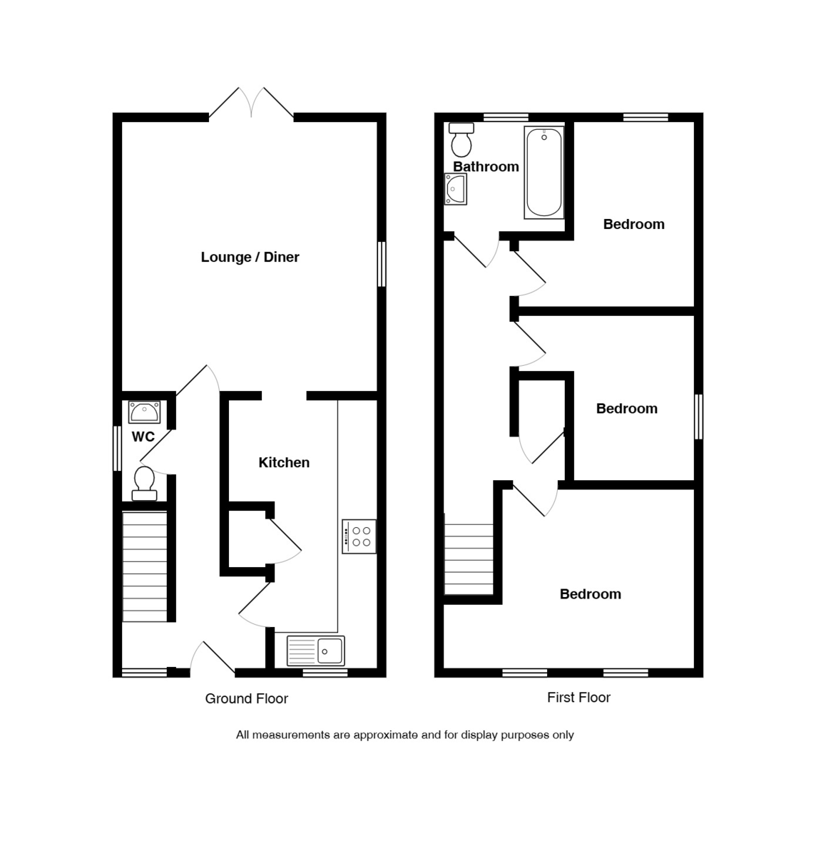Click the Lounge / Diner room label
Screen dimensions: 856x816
tap(250, 257)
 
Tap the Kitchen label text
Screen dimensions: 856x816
tap(284, 462)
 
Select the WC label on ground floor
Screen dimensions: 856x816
tap(143, 437)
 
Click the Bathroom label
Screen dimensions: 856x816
tap(486, 166)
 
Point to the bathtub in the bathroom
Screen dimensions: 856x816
tap(544, 173)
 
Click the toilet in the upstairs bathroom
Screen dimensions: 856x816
tap(461, 140)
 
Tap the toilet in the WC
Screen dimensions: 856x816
tap(144, 483)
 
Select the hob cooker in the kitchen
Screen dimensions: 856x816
tap(359, 536)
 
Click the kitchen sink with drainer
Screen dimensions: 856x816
tap(315, 651)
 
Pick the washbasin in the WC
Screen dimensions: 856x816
tap(144, 412)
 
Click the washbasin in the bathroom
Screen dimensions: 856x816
tap(456, 189)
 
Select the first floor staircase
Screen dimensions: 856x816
tap(469, 559)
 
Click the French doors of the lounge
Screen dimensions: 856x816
tap(251, 103)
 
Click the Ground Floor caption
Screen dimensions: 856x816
tap(246, 698)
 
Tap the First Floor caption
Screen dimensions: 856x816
tap(578, 697)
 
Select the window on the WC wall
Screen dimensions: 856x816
tap(117, 449)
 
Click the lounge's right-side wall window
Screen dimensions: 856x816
tap(382, 264)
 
